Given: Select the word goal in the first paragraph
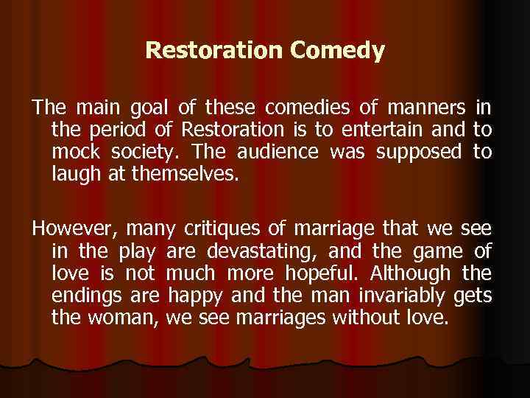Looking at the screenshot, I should (146, 109).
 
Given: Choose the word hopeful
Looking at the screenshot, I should (338, 273).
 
